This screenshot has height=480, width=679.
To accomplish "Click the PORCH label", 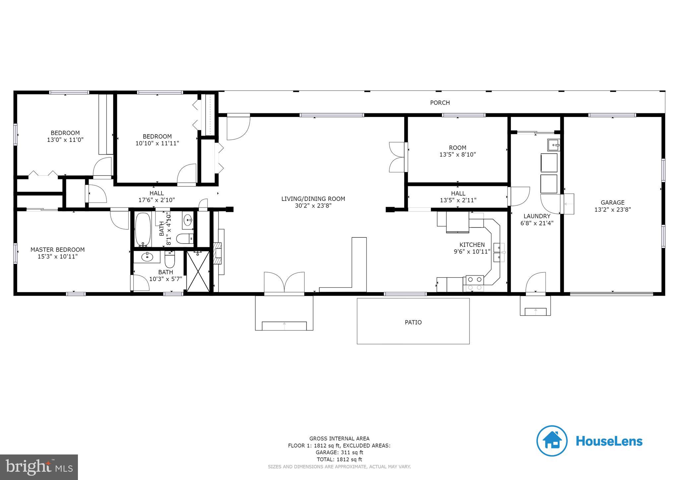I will coord(440,103).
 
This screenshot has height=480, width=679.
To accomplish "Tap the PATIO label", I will coord(413,322).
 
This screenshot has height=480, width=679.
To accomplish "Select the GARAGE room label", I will coord(612,203).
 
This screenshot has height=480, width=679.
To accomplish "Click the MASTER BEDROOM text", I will coord(58,250).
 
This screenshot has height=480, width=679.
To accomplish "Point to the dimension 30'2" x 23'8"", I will coord(313,206).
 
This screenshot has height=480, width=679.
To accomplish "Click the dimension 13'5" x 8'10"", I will coord(458,154).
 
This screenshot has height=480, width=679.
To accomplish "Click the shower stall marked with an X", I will coord(198,271).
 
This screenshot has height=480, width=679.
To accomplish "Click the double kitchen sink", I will coord(499,252).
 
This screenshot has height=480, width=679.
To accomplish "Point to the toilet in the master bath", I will coord(170,260).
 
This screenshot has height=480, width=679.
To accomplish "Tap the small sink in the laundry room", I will coord(553,145).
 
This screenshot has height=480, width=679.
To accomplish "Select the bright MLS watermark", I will coord(39,467).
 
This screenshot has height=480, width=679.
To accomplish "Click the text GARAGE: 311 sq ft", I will coord(339,452).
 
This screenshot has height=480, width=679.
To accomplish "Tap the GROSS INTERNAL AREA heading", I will coord(339,439).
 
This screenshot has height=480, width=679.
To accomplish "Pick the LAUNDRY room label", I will coord(537,216).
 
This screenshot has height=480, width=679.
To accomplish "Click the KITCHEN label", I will coord(472,245).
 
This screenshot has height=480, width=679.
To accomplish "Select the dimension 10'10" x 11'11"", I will coord(157,143).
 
